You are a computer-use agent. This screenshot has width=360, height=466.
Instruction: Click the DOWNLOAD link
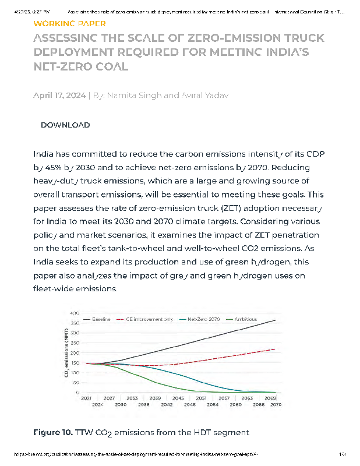(65, 125)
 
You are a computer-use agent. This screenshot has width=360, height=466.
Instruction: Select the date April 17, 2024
(59, 96)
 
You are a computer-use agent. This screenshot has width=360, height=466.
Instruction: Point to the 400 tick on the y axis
(75, 314)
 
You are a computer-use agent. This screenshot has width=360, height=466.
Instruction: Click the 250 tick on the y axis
(75, 344)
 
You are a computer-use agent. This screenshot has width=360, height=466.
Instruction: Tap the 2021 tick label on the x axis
(86, 398)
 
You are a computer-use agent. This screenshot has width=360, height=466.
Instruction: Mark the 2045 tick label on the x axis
(178, 398)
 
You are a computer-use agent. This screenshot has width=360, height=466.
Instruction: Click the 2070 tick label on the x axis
(276, 404)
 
